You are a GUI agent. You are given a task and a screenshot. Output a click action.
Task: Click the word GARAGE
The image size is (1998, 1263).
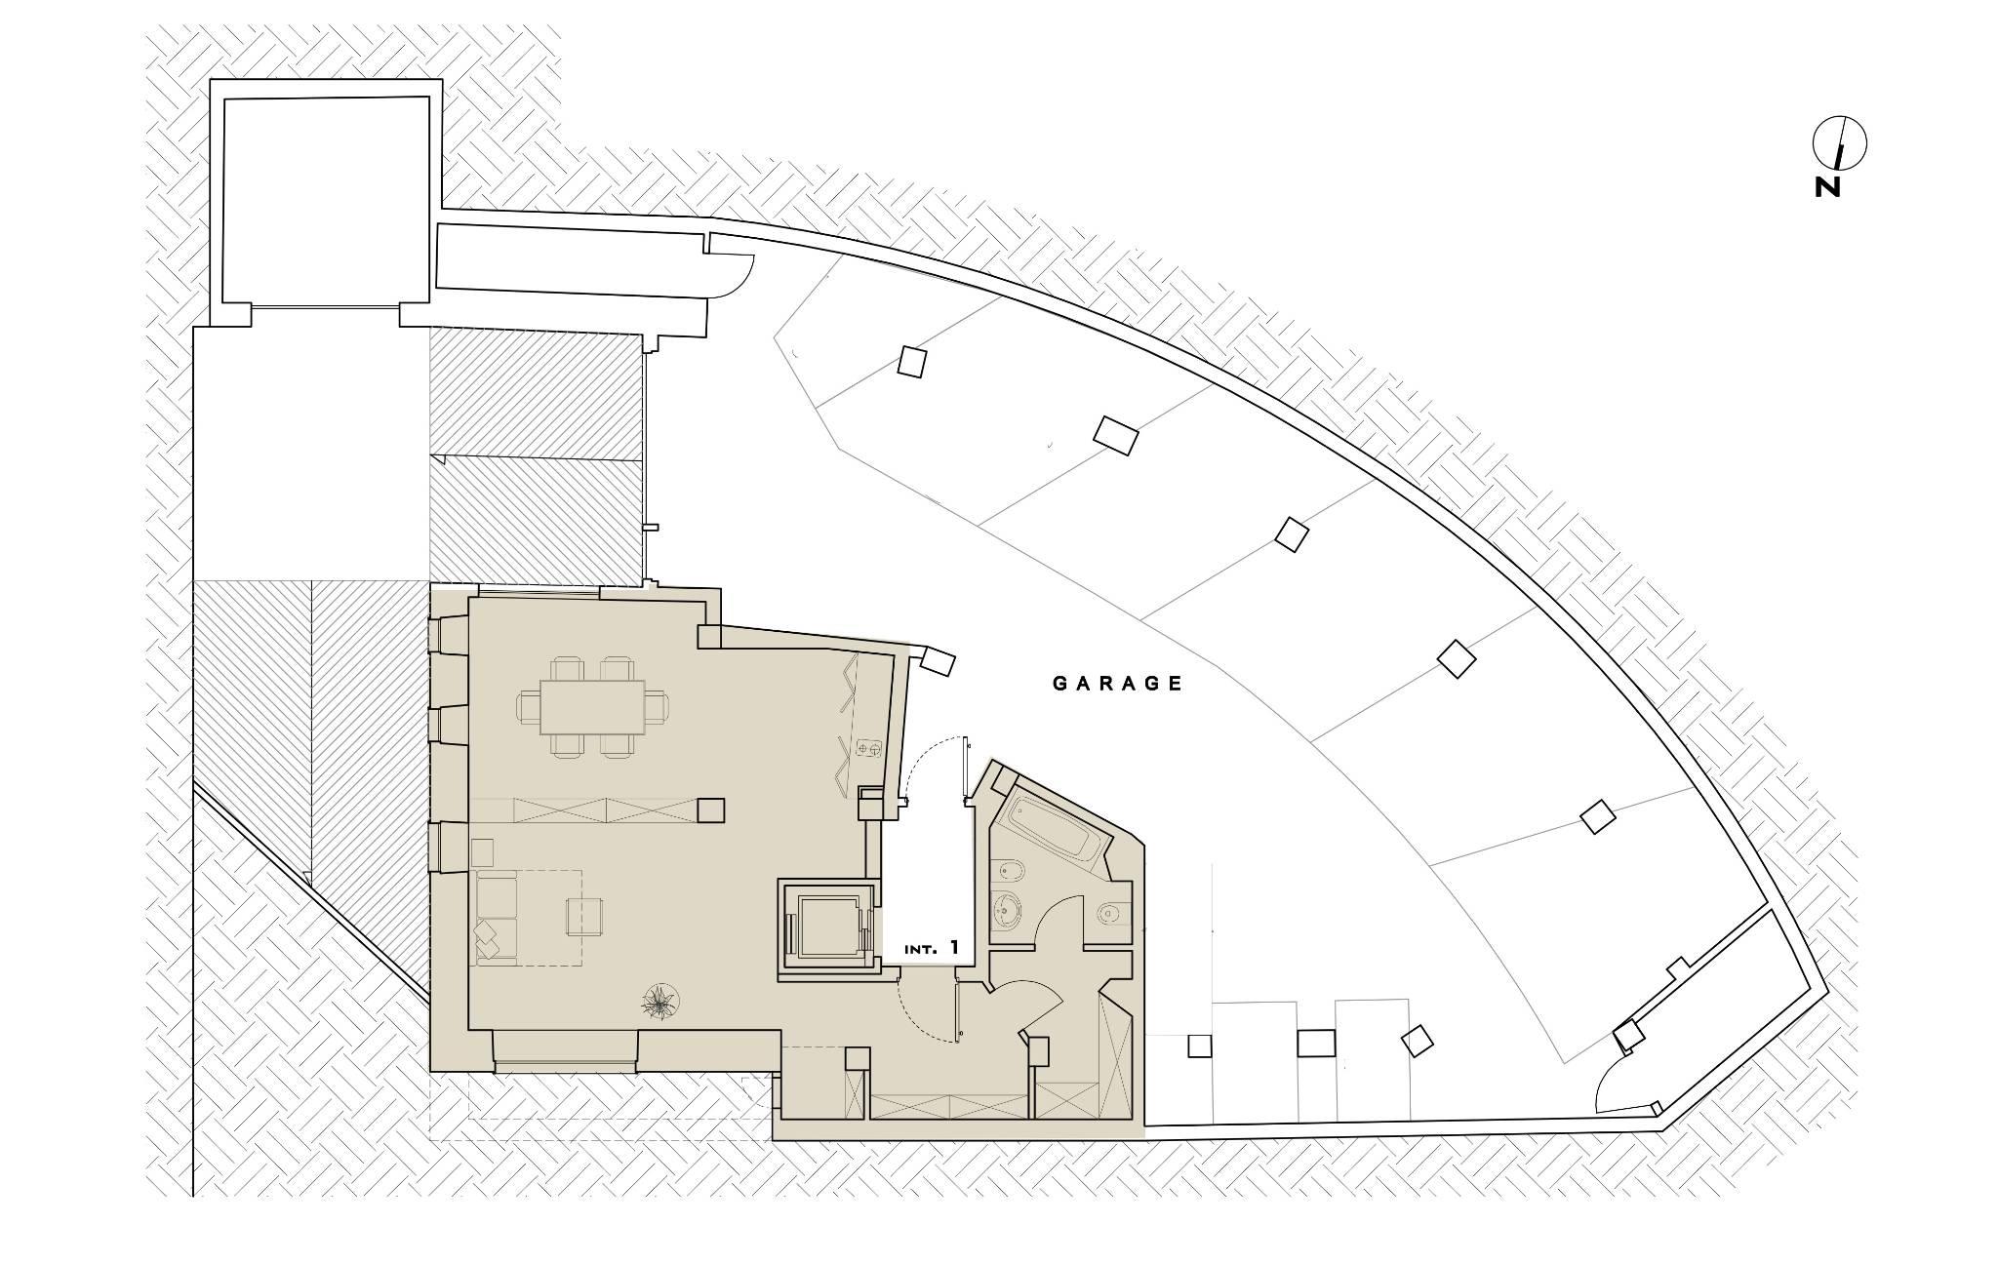coord(1118,684)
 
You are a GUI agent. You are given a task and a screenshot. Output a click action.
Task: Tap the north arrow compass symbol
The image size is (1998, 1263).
coord(1839,143)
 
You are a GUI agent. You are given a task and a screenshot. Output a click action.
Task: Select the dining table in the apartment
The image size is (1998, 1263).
coord(592,707)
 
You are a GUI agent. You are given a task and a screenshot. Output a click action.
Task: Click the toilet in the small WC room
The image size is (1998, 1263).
coord(1108,914)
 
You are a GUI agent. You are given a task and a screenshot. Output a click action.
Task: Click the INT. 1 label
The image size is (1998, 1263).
coord(932,947)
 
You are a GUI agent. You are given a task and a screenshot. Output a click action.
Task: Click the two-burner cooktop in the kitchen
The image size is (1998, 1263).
coord(869,748)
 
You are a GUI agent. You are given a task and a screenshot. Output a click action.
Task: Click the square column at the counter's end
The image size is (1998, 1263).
coord(711,810)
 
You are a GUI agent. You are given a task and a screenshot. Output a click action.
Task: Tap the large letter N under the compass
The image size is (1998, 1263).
coord(1827,187)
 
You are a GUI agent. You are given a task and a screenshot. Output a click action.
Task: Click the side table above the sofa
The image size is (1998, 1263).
coord(483,850)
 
